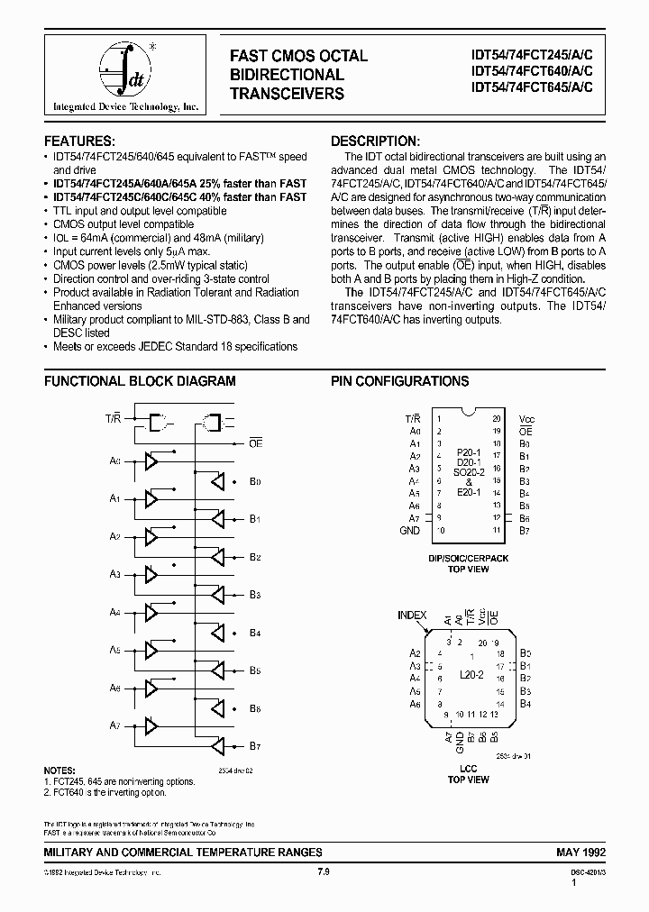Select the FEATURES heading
coord(80,141)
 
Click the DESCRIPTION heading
coord(375,141)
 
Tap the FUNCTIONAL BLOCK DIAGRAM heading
coord(140,381)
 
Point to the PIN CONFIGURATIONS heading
coord(399,381)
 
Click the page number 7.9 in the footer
coord(324,872)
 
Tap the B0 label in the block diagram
coord(255,482)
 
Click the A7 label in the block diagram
coord(114,725)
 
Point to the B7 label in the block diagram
coord(255,746)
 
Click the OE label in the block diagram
coord(255,442)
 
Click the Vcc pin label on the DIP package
coord(527,420)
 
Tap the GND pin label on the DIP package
coord(409,531)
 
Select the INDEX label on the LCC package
coord(412,616)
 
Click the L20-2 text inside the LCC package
coord(471,674)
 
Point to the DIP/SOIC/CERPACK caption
coord(468,559)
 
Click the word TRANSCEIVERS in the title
coord(287,94)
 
